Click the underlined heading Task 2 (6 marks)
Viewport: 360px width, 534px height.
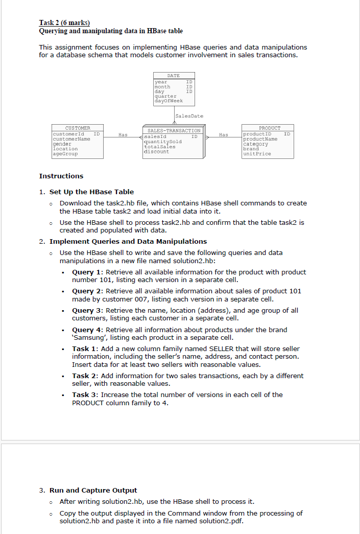pyautogui.click(x=64, y=22)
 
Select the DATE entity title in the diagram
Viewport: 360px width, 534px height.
pyautogui.click(x=174, y=76)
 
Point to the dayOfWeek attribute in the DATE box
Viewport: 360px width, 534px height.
pyautogui.click(x=168, y=101)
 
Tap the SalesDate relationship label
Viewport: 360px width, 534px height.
pyautogui.click(x=189, y=117)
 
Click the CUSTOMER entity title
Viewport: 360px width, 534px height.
pyautogui.click(x=78, y=128)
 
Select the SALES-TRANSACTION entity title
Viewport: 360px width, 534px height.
pyautogui.click(x=174, y=131)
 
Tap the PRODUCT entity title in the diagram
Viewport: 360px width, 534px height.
pyautogui.click(x=269, y=128)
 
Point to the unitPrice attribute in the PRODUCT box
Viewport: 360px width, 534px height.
pyautogui.click(x=257, y=153)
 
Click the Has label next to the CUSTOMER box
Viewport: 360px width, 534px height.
pyautogui.click(x=123, y=135)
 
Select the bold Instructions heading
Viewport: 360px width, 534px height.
pyautogui.click(x=61, y=176)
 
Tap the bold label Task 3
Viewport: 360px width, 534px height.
pyautogui.click(x=84, y=394)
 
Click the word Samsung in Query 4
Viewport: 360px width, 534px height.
pyautogui.click(x=89, y=337)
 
